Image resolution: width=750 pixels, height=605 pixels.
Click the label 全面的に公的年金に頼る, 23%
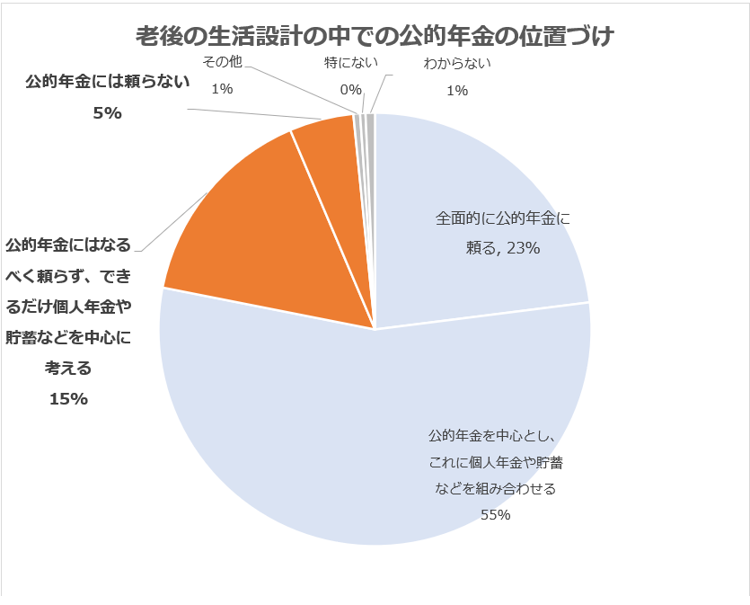pos(502,233)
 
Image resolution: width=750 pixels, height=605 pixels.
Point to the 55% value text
pos(495,515)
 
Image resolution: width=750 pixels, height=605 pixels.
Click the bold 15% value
pos(68,399)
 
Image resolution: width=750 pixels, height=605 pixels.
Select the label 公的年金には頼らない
pos(108,84)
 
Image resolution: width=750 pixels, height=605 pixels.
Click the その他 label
pos(221,63)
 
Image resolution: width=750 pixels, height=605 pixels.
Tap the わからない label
pos(457,63)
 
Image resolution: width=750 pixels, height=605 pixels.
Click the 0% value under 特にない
pos(350,89)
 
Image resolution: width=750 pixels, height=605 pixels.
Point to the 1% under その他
pos(221,89)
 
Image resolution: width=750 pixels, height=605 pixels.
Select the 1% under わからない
pos(457,89)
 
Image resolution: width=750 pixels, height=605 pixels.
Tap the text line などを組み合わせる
pos(495,489)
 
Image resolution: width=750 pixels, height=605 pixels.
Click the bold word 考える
pos(68,369)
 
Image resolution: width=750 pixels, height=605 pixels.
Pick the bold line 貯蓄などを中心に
pos(68,338)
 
